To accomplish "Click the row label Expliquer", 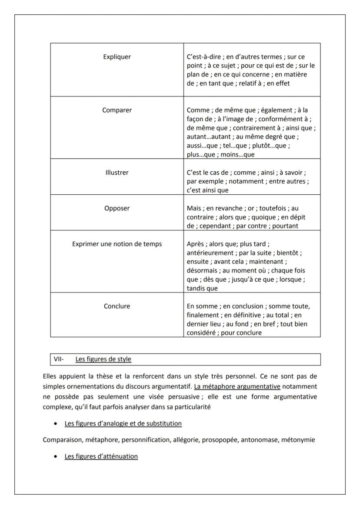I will pyautogui.click(x=117, y=57).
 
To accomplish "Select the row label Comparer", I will pyautogui.click(x=117, y=110).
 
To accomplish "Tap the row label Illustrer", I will pyautogui.click(x=117, y=173).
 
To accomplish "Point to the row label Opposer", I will pyautogui.click(x=117, y=208).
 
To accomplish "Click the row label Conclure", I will pyautogui.click(x=117, y=306).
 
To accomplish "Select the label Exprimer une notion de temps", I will pyautogui.click(x=117, y=244).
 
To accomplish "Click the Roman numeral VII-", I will pyautogui.click(x=59, y=359).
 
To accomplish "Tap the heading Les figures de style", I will pyautogui.click(x=103, y=359).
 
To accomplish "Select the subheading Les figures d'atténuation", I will pyautogui.click(x=101, y=456).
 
